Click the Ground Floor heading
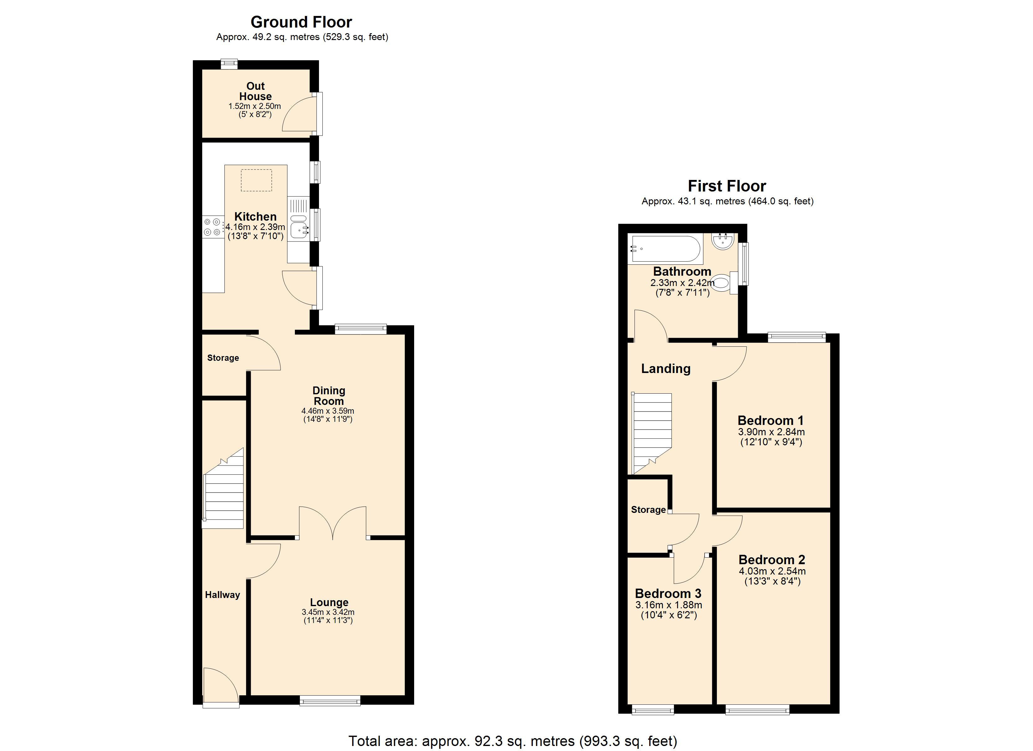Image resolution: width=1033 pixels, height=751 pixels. click(x=301, y=22)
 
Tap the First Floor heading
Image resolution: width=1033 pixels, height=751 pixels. click(x=727, y=186)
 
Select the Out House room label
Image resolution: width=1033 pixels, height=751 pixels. click(x=255, y=91)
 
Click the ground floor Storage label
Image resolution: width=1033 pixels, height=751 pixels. click(x=223, y=358)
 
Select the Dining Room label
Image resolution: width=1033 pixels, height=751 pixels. click(x=329, y=396)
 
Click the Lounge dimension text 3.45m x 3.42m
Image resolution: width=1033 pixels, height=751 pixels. click(x=328, y=612)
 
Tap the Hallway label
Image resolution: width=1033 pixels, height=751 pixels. click(x=222, y=595)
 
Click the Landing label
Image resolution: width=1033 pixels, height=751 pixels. click(x=666, y=368)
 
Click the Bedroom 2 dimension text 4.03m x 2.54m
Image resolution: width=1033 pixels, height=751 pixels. click(x=772, y=571)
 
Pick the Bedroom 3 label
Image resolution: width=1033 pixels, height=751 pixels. click(x=668, y=593)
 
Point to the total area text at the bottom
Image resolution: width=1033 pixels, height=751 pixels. click(x=513, y=741)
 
